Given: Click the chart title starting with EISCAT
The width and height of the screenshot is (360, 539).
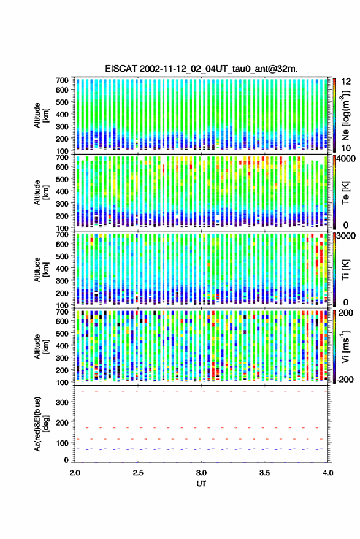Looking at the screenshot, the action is (201, 69).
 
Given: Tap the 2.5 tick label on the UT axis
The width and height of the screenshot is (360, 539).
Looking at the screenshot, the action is (138, 473).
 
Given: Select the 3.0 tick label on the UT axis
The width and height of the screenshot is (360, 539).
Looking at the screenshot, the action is (202, 473).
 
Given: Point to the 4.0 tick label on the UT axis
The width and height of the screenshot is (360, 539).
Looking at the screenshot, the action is (328, 473).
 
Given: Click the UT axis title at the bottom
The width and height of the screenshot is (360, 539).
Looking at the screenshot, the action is (202, 484).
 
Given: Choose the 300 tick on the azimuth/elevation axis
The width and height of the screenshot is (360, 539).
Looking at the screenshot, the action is (62, 402).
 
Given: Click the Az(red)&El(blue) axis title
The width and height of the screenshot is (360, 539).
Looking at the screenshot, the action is (41, 424).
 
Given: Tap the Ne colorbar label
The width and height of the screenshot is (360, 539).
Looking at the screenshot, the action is (345, 115).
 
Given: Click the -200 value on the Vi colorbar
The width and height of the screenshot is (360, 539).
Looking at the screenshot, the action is (345, 380).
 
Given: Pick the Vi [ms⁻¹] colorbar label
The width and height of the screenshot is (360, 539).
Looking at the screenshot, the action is (345, 346).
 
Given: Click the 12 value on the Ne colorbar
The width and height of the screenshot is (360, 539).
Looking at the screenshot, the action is (346, 82).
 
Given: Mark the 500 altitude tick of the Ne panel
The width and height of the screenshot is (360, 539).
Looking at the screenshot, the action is (62, 102).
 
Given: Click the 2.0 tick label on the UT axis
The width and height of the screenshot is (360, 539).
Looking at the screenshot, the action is (75, 473).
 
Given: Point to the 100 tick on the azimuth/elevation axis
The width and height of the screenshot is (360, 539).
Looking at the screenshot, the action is (62, 443).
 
